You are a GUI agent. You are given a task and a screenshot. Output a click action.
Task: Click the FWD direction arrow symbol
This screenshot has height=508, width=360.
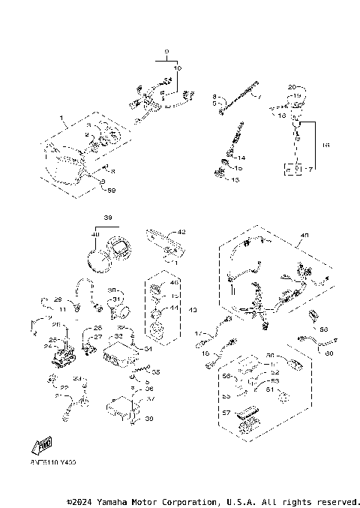point(42,445)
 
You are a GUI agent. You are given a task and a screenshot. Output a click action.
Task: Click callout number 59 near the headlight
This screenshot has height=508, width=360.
point(112,191)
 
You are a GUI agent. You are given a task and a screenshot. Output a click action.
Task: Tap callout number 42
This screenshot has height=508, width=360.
point(181,233)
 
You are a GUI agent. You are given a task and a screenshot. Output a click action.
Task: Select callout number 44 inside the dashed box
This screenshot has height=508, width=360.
point(175,308)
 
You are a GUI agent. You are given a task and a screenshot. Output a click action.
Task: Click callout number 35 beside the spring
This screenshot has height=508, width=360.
point(156,371)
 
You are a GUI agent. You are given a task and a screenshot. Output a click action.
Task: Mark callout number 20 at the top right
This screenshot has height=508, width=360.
point(292,88)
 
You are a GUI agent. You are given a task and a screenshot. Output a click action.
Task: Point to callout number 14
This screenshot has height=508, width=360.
point(241,158)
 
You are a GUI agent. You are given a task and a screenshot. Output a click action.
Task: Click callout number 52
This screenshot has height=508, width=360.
point(276,373)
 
